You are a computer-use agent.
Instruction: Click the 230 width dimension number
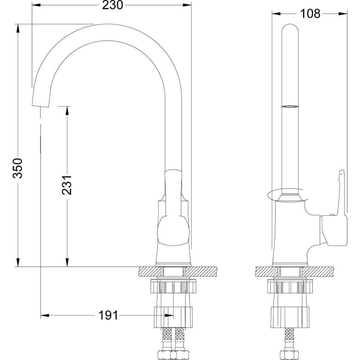click(112, 5)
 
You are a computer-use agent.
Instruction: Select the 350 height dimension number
click(18, 168)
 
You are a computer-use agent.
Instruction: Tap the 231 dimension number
click(67, 185)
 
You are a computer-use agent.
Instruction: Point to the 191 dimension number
click(108, 315)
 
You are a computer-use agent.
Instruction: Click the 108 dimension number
click(310, 14)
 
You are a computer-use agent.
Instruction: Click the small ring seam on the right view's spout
click(290, 107)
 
